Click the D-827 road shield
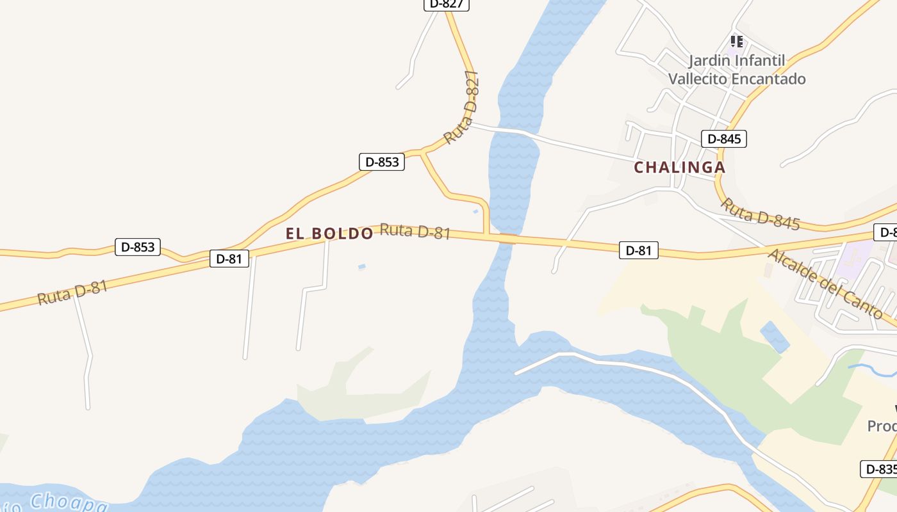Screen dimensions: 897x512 (x=447, y=4)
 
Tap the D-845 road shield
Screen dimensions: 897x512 (x=723, y=139)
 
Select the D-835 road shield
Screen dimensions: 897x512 (x=880, y=469)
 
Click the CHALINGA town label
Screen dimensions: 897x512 (x=680, y=168)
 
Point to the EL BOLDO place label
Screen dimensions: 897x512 (x=329, y=234)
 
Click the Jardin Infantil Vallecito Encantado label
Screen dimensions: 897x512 (x=737, y=70)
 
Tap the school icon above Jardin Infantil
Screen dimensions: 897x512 (x=737, y=42)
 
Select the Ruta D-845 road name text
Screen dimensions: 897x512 (x=761, y=214)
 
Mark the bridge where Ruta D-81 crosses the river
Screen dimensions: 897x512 (x=507, y=239)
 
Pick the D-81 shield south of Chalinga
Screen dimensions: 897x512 (x=638, y=250)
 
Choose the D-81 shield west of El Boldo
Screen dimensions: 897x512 (x=229, y=259)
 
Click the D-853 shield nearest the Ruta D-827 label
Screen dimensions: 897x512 (x=382, y=162)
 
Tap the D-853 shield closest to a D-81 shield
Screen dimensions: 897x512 (x=138, y=247)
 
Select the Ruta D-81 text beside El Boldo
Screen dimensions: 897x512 (x=415, y=231)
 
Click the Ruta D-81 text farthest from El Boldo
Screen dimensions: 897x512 (x=72, y=293)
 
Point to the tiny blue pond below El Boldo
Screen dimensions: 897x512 (x=362, y=266)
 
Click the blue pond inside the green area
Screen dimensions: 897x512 (x=775, y=337)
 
